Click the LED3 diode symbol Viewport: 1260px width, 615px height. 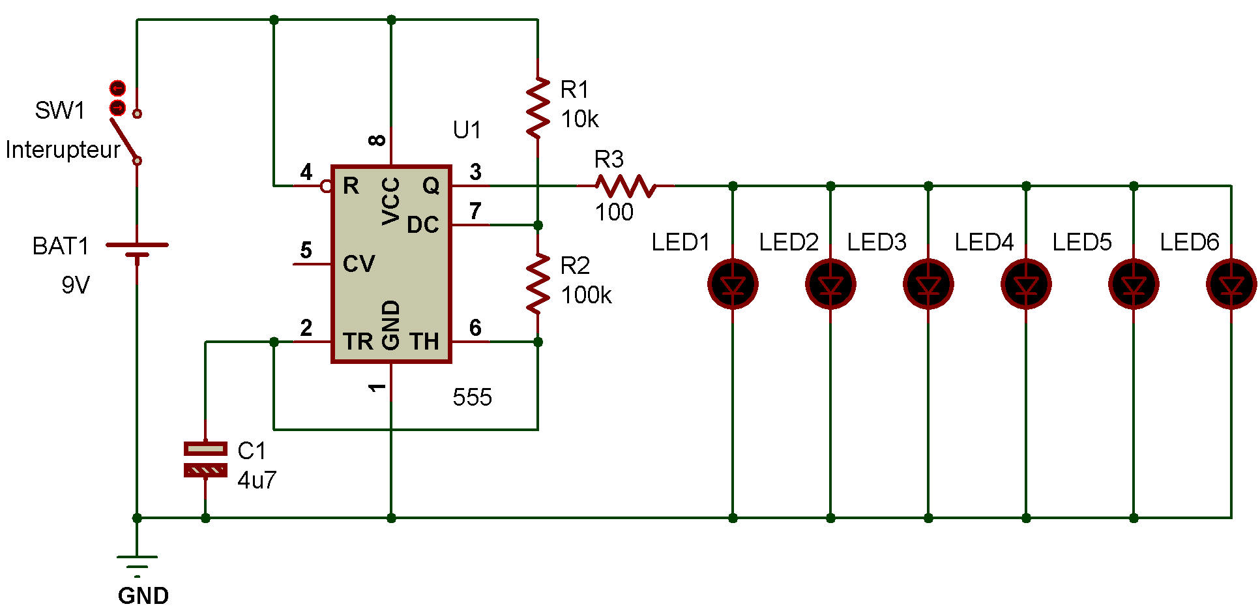point(928,284)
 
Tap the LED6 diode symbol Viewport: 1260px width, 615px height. point(1231,284)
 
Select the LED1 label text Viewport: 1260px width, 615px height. point(680,243)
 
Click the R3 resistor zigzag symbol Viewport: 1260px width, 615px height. point(626,186)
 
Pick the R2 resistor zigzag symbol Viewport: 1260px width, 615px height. point(538,284)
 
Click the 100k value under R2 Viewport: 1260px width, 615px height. point(586,295)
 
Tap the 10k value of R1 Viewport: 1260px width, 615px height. point(579,119)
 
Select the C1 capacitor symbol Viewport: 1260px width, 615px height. point(205,459)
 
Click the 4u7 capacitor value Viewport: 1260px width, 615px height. point(257,481)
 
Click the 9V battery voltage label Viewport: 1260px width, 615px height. point(76,285)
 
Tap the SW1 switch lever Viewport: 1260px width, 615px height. point(124,139)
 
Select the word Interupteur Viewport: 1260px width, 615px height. point(63,150)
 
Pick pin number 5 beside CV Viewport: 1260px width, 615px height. point(306,250)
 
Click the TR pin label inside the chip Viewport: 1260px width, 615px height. point(358,341)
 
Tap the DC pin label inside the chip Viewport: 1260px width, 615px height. point(422,225)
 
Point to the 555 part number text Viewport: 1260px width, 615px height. point(472,397)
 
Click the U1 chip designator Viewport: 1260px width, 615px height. point(467,130)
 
